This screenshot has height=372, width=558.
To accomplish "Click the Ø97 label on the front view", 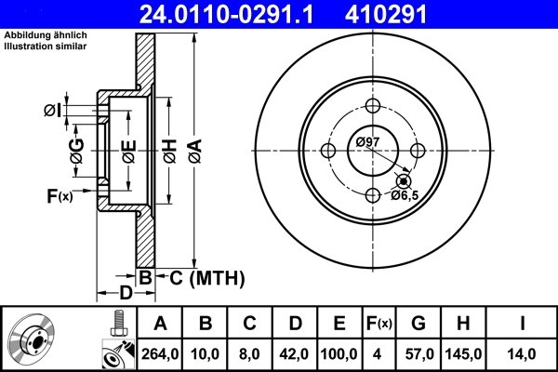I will (367, 141).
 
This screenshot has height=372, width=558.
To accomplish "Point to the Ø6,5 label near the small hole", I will (405, 195).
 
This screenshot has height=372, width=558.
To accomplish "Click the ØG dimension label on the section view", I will (77, 149).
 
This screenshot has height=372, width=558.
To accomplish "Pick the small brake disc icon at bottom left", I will (34, 340).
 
